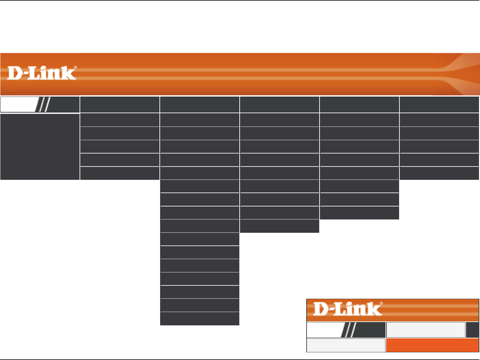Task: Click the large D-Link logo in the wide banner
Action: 42,73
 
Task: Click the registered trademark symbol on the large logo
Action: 75,67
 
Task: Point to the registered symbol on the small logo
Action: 381,303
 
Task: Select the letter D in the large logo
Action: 15,73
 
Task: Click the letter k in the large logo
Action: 69,73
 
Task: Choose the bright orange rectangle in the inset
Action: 432,345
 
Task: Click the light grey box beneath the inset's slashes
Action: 346,345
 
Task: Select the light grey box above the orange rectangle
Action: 426,330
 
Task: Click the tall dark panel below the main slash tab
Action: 40,147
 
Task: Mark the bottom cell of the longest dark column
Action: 200,318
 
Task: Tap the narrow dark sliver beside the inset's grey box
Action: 472,330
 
